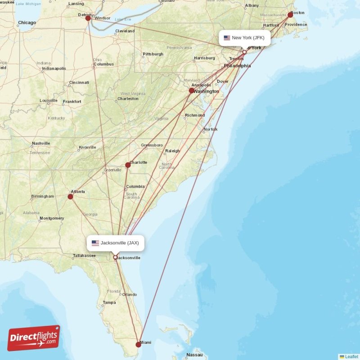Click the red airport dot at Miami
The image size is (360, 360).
point(139,345)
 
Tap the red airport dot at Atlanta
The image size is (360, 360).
point(70,197)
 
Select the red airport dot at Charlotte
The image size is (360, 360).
point(128,165)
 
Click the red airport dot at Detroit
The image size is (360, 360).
point(88,18)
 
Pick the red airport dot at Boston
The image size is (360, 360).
point(290,15)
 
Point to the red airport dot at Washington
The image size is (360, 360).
point(192,90)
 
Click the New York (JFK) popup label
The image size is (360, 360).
point(245,38)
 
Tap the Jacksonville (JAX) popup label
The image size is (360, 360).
point(116,243)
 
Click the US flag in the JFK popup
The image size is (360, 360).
point(227,38)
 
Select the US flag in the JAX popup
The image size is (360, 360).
point(95,243)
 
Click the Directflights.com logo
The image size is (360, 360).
point(34,338)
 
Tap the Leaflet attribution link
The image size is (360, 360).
point(351,356)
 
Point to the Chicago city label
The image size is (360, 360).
point(27,22)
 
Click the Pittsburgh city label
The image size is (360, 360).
point(153,54)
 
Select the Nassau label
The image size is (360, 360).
point(194,355)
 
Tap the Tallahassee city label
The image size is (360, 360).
point(84,256)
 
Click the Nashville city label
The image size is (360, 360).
point(41,144)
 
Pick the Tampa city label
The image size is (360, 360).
point(109,302)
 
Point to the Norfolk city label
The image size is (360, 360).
point(210,130)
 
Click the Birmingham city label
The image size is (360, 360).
point(42,196)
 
